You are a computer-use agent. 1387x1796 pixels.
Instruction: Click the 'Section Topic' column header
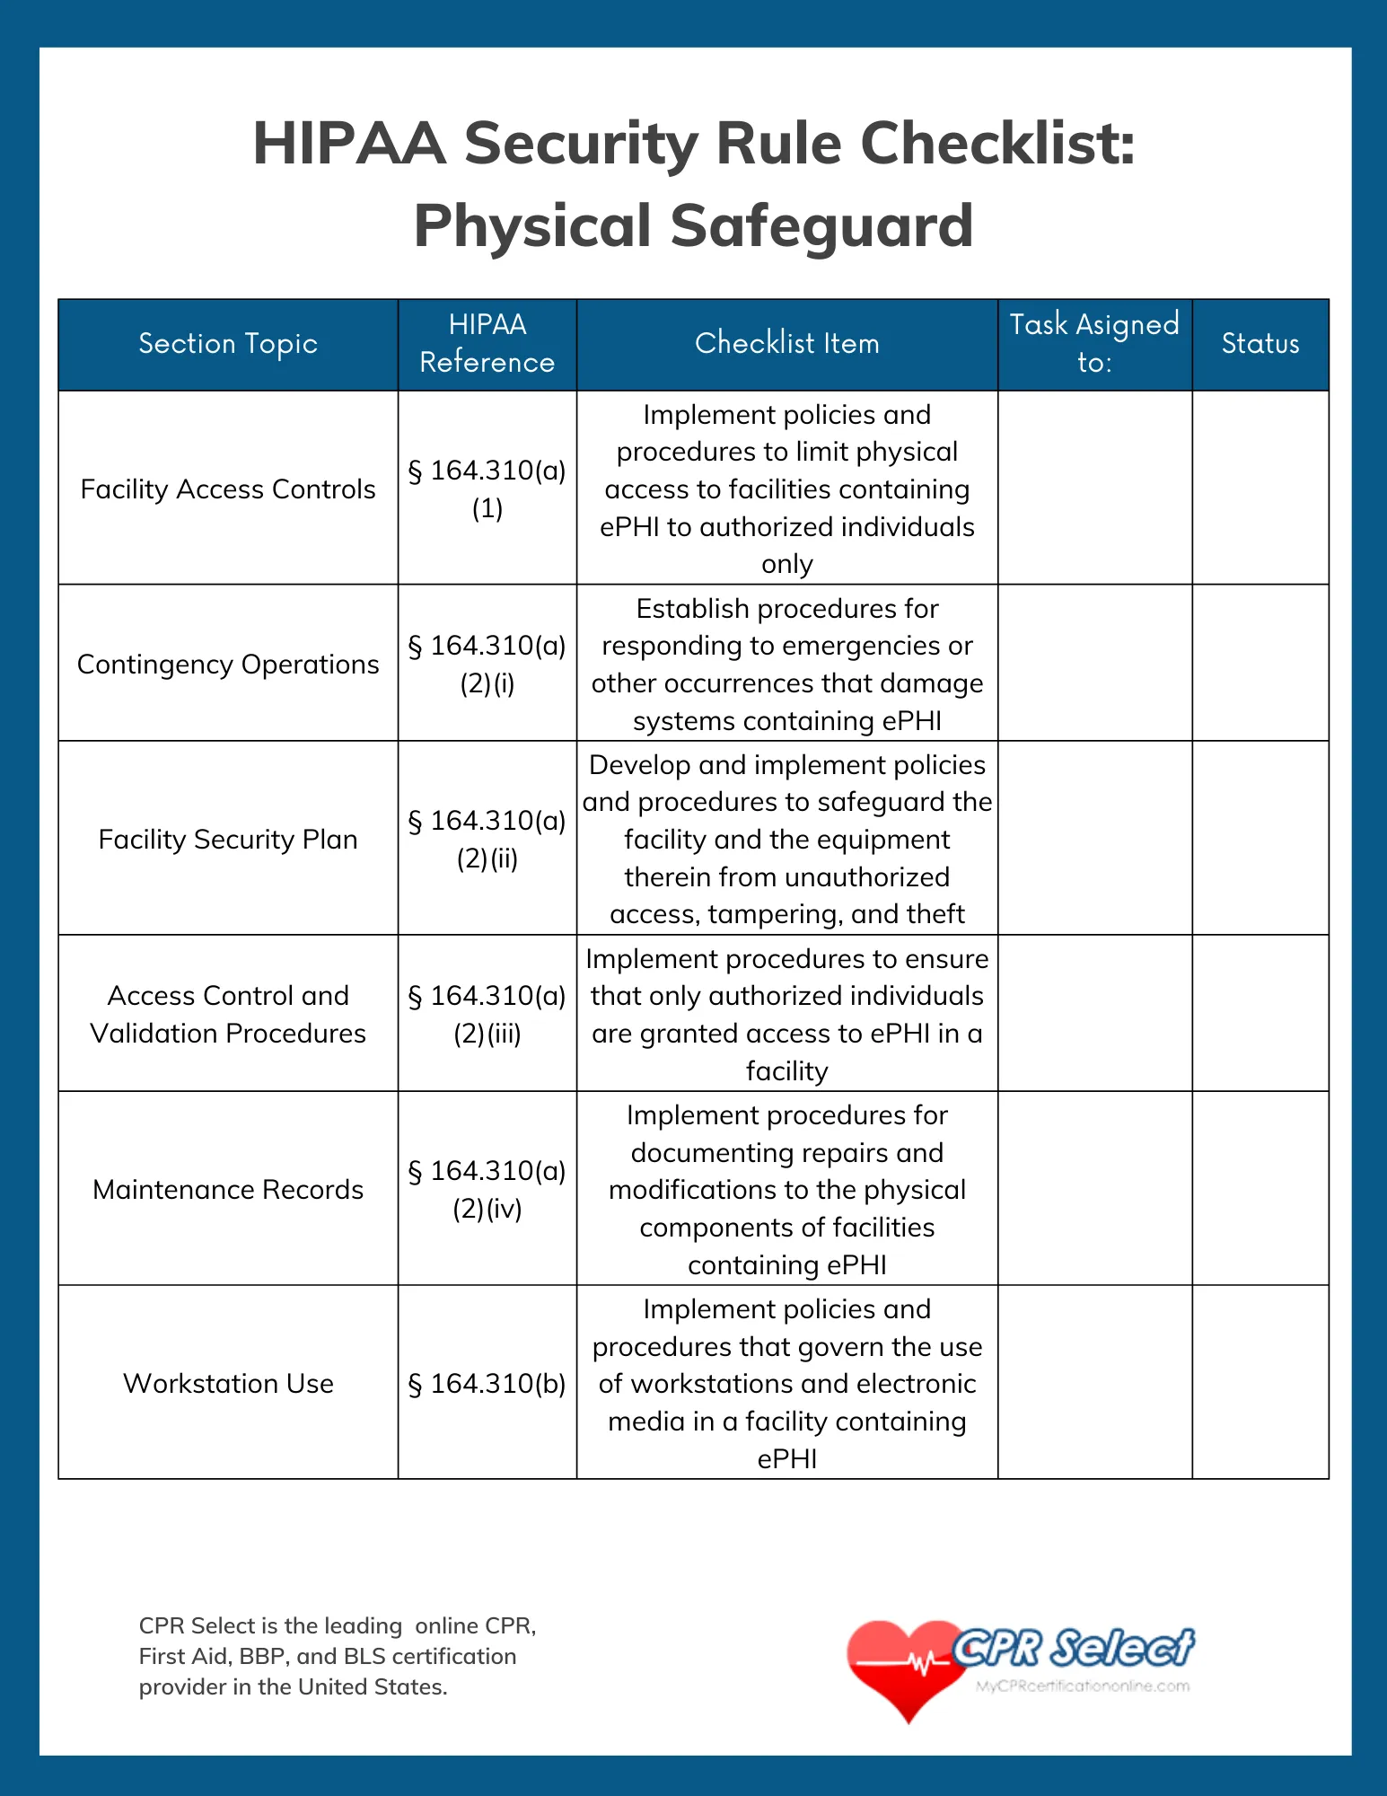[228, 344]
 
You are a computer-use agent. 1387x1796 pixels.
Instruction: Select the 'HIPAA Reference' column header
[487, 344]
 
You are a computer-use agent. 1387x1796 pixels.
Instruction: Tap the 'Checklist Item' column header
[786, 344]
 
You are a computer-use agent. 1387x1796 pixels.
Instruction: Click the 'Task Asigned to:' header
[1094, 344]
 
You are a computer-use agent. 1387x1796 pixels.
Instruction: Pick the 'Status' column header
[1260, 344]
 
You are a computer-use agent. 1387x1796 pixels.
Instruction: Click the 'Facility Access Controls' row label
[228, 489]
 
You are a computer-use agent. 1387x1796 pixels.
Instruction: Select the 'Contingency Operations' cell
[228, 665]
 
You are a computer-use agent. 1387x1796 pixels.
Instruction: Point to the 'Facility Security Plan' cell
[228, 840]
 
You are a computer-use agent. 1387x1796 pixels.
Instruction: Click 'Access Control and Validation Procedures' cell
[228, 1015]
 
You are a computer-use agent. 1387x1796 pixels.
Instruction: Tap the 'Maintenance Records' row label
[228, 1190]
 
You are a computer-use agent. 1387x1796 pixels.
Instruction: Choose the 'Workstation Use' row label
[228, 1384]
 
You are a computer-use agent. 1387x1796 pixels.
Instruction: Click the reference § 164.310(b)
[487, 1384]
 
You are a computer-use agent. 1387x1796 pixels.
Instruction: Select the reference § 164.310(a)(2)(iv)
[487, 1190]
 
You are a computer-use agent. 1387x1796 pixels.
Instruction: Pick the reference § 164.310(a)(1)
[487, 489]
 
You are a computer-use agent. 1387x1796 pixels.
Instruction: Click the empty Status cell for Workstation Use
[1260, 1384]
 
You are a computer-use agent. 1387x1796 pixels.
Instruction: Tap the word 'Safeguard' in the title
[821, 226]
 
